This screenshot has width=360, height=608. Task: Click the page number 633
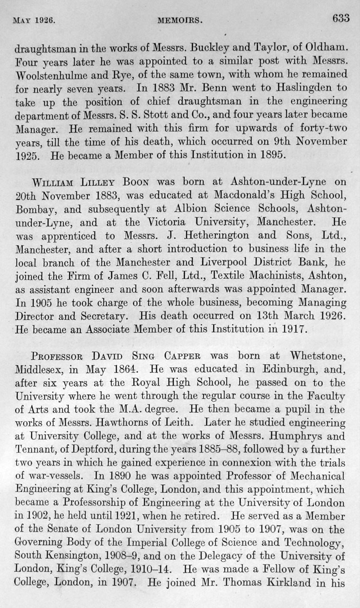click(341, 18)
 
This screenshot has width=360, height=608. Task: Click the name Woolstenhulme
click(47, 75)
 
